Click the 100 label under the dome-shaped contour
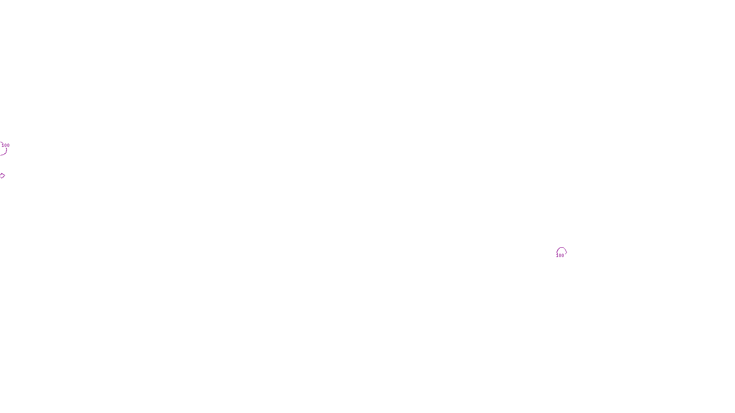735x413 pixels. point(560,256)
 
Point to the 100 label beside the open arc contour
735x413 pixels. point(6,145)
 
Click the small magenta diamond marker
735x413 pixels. point(2,176)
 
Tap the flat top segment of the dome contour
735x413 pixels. point(561,248)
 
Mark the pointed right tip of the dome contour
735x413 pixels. point(566,251)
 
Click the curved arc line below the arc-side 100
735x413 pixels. point(5,152)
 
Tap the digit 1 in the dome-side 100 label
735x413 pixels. point(557,256)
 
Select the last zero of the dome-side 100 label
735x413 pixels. point(563,256)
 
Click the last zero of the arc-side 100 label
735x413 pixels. point(8,145)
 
